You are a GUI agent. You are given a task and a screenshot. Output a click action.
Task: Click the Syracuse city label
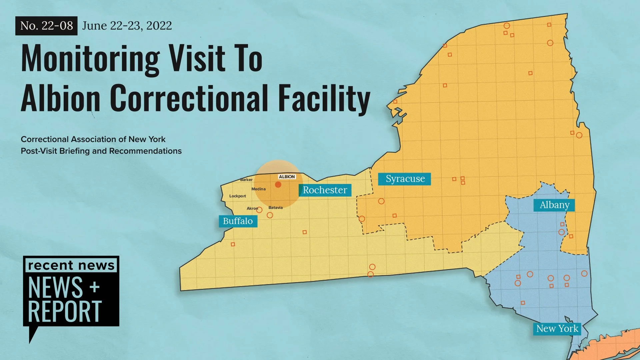[x=404, y=179]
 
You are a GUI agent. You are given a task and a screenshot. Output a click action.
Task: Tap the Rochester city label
[x=325, y=190]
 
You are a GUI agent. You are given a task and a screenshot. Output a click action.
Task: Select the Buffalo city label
[x=238, y=221]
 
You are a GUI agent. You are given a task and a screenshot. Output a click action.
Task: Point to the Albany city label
[x=554, y=205]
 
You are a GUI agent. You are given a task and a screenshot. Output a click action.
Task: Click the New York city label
[x=557, y=329]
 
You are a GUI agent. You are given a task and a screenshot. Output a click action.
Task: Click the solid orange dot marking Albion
[x=278, y=185]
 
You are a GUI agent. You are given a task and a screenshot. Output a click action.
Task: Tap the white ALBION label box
[x=287, y=177]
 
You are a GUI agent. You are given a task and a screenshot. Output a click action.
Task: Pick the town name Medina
[x=258, y=189]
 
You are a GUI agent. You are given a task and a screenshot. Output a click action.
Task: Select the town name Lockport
[x=237, y=196]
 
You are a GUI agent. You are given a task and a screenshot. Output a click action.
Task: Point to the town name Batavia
[x=275, y=208]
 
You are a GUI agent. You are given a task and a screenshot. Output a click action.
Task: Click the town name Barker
[x=246, y=180]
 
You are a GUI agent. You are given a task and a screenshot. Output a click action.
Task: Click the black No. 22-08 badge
[x=46, y=26]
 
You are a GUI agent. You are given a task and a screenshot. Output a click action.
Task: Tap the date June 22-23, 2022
[x=127, y=26]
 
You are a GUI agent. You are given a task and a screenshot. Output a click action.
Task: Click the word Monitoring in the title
[x=90, y=59]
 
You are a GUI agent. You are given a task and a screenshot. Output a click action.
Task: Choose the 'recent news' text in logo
[x=71, y=265]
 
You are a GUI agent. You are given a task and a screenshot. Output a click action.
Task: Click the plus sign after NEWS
[x=95, y=287]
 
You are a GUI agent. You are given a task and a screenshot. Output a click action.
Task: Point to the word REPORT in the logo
[x=65, y=311]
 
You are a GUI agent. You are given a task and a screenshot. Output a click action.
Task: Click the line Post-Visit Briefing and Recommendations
[x=101, y=151]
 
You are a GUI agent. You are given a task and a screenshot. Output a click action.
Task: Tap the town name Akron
[x=252, y=208]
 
